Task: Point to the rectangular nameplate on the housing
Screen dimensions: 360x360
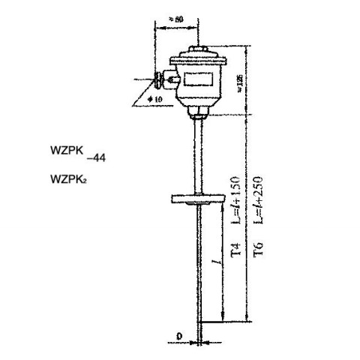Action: coord(199,75)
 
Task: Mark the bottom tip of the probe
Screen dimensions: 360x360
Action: coord(199,342)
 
